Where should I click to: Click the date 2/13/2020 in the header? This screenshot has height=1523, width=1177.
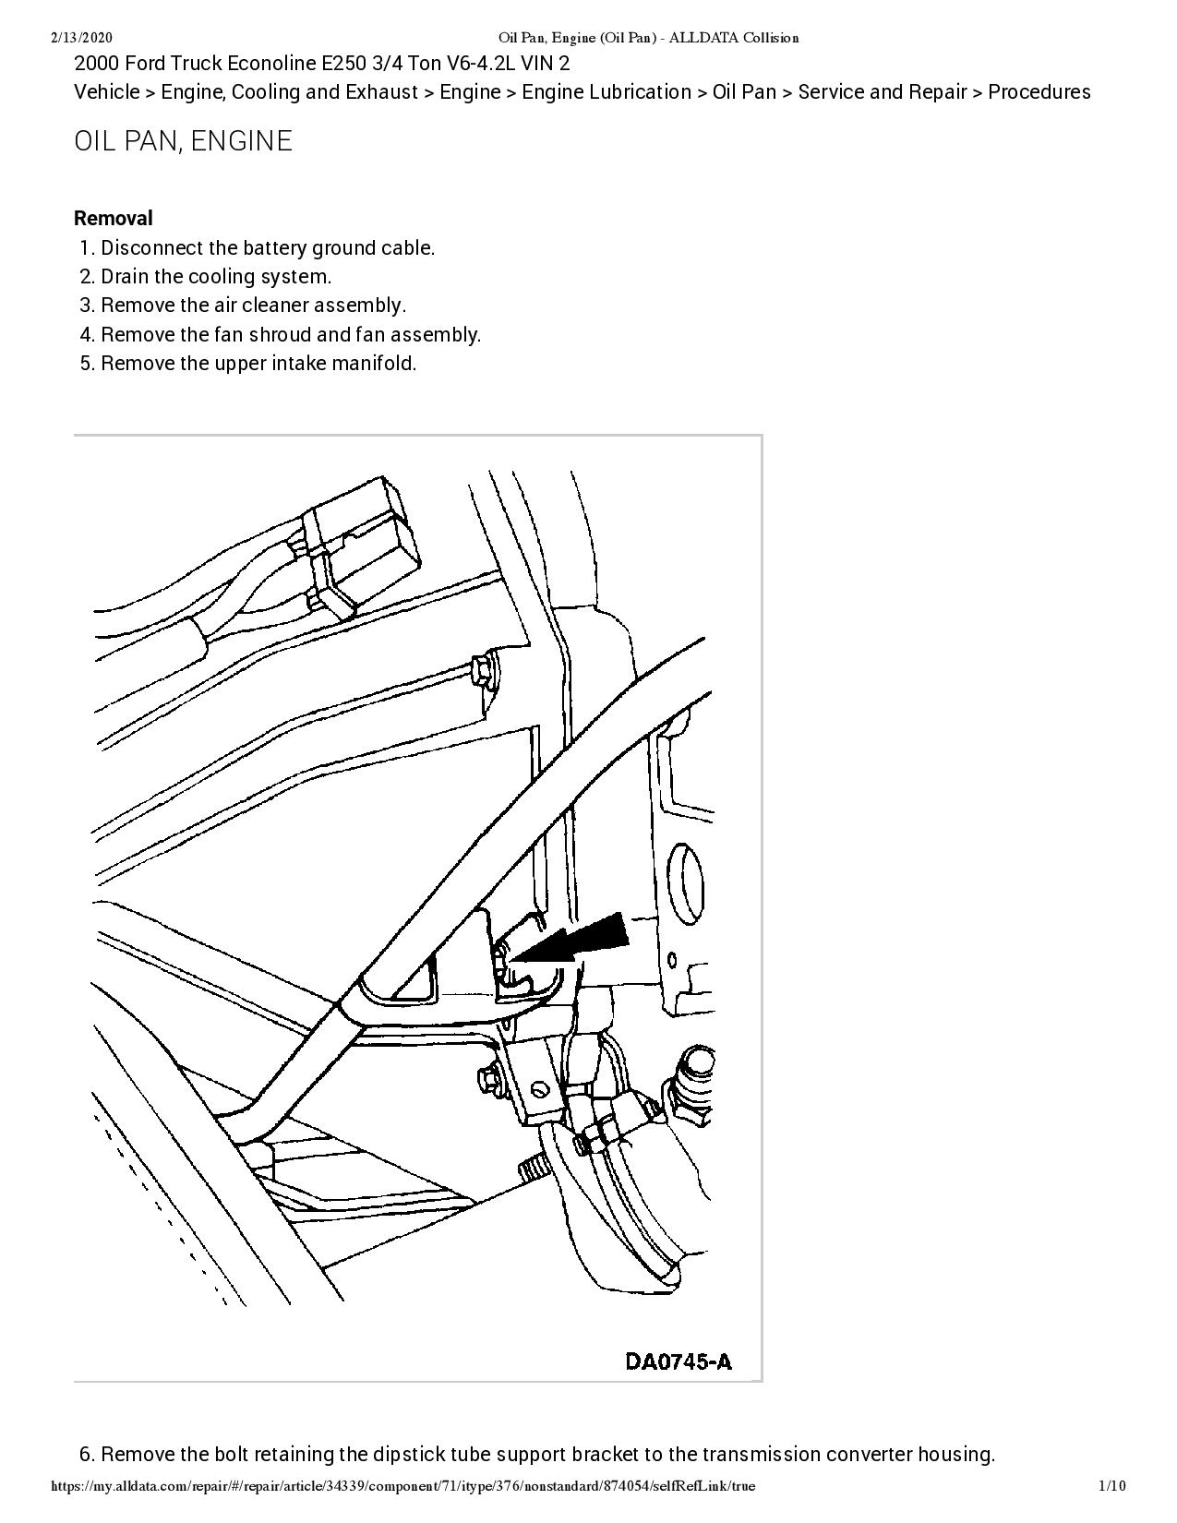coord(81,38)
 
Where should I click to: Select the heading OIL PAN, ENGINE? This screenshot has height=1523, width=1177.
coord(183,141)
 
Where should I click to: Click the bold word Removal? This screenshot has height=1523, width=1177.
coord(113,219)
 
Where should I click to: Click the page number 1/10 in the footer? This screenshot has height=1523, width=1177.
coord(1111,1486)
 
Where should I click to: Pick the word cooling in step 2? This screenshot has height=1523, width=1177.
coord(221,277)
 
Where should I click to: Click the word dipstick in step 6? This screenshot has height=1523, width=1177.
coord(409,1455)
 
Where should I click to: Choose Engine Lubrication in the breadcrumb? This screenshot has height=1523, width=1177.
coord(607,92)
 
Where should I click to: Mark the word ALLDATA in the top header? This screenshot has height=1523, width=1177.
coord(702,38)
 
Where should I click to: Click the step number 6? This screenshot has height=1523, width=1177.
coord(87,1455)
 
